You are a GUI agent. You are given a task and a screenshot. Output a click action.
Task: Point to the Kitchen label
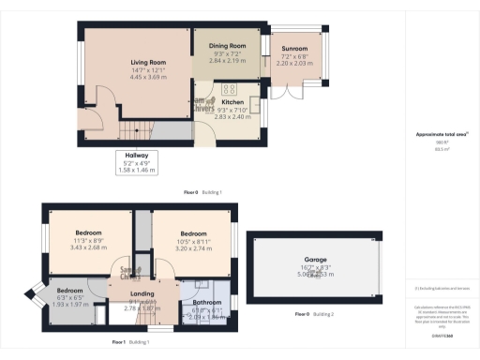232,103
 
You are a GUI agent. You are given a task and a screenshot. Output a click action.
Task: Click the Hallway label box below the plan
138,161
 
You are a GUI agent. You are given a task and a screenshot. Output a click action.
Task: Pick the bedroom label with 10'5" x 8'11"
193,233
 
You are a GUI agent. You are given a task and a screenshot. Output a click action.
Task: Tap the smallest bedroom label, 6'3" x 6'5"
69,290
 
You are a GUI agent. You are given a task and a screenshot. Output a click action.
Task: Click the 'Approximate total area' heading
434,134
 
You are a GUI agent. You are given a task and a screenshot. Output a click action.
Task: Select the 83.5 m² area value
434,149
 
